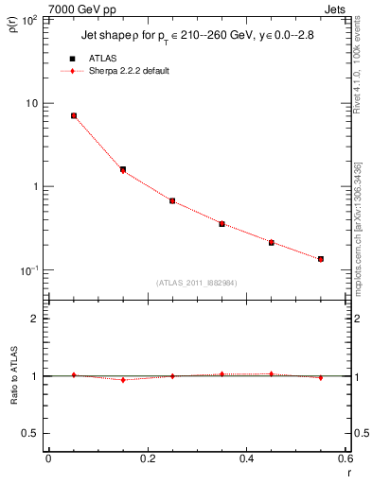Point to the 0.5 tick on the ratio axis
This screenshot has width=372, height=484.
click(30, 433)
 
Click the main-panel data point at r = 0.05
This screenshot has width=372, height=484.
click(73, 115)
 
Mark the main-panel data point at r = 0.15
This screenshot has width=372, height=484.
click(123, 170)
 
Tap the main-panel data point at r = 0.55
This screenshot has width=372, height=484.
click(321, 258)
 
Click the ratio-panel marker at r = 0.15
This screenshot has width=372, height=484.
click(123, 379)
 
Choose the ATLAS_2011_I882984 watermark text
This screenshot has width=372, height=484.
click(197, 283)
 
